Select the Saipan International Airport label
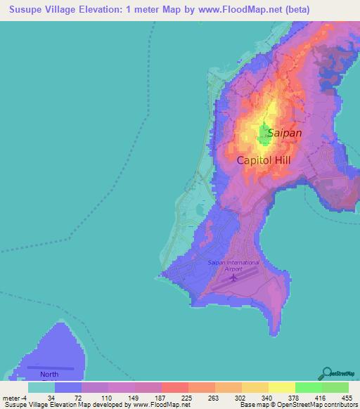click(233, 266)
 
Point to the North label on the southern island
click(49, 375)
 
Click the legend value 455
click(347, 397)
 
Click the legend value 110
click(107, 397)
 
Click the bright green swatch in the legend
click(308, 387)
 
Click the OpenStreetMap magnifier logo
click(326, 372)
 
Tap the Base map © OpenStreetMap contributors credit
click(297, 405)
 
